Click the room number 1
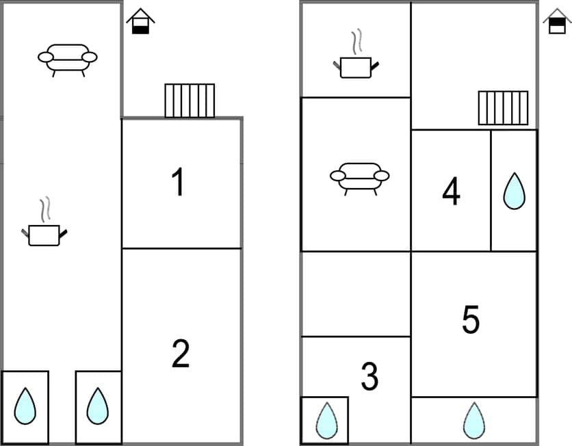(178, 183)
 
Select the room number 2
(180, 354)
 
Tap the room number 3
(369, 377)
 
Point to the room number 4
(451, 192)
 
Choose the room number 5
(471, 319)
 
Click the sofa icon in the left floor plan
(67, 58)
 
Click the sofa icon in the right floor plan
(359, 176)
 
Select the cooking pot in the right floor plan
(356, 66)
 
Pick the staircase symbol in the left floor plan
(190, 101)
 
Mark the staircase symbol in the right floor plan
(503, 107)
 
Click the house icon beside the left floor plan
(140, 21)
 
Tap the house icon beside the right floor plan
(557, 21)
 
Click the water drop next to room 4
(514, 191)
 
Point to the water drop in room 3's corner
(325, 420)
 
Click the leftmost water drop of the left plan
(25, 406)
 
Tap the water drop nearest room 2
(98, 406)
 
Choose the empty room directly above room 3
(356, 293)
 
